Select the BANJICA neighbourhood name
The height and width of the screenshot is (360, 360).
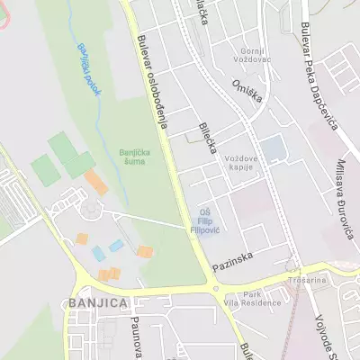(96, 303)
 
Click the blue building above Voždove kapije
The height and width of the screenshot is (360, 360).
(271, 147)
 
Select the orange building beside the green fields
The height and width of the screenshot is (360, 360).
(96, 183)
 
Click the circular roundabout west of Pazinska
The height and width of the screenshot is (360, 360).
(215, 288)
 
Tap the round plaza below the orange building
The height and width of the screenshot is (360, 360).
(90, 211)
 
